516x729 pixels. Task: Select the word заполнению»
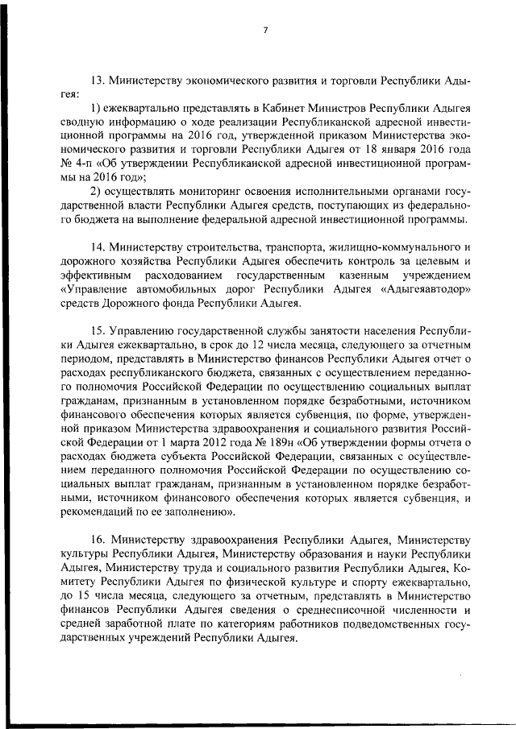[200, 511]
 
